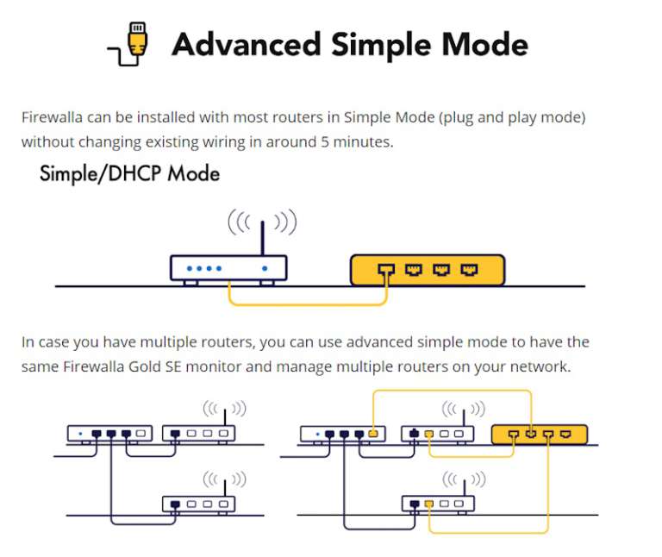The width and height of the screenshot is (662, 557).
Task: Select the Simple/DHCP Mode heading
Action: tap(129, 174)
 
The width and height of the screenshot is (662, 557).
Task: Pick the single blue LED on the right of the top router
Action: tap(265, 269)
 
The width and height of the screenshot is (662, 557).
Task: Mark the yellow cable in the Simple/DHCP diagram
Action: tap(306, 304)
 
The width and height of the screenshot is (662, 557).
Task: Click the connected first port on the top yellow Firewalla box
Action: tap(386, 270)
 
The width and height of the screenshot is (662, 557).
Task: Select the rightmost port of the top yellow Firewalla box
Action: tap(469, 270)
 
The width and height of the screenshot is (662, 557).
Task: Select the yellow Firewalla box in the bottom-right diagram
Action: tap(539, 433)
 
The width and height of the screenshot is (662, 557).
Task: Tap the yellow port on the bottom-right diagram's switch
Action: tap(372, 433)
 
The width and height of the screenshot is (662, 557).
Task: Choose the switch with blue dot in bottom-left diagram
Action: tap(110, 433)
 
